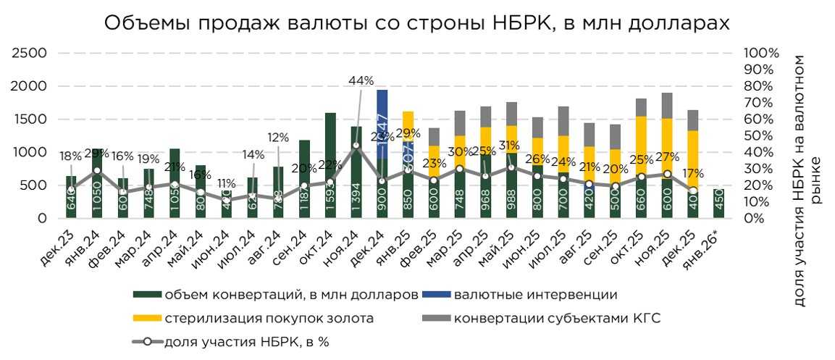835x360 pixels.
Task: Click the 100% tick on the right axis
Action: coord(761,53)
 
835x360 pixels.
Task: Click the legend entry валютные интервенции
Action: coord(534,296)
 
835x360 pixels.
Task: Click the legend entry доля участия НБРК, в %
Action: coord(246,341)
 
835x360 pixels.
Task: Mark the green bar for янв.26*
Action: coord(718,204)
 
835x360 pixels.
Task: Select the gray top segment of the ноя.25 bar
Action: coord(666,106)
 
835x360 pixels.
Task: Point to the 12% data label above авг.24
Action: coord(278,137)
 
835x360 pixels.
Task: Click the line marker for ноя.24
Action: coord(356,146)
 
